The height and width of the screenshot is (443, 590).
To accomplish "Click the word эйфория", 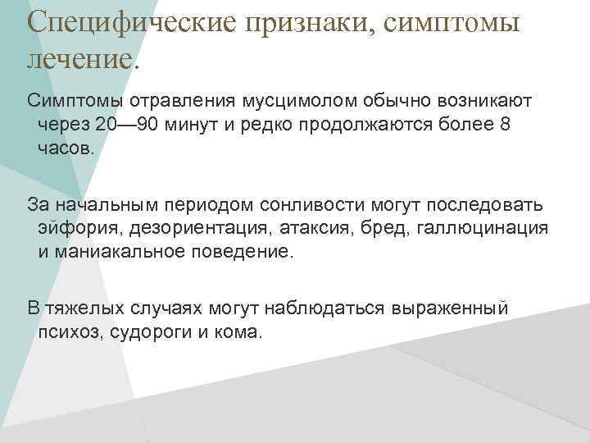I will [73, 229].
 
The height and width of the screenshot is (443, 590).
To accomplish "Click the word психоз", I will [65, 332].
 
